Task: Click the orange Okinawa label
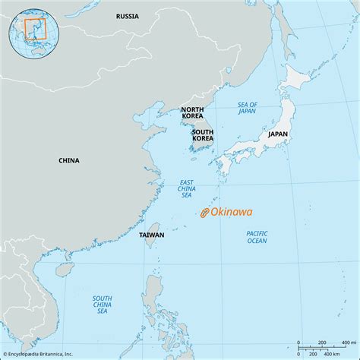(x=232, y=213)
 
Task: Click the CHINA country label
(x=69, y=160)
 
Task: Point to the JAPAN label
(x=277, y=134)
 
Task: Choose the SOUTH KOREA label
(x=203, y=136)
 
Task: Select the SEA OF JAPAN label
(x=248, y=108)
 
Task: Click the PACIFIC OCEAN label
(x=257, y=237)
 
